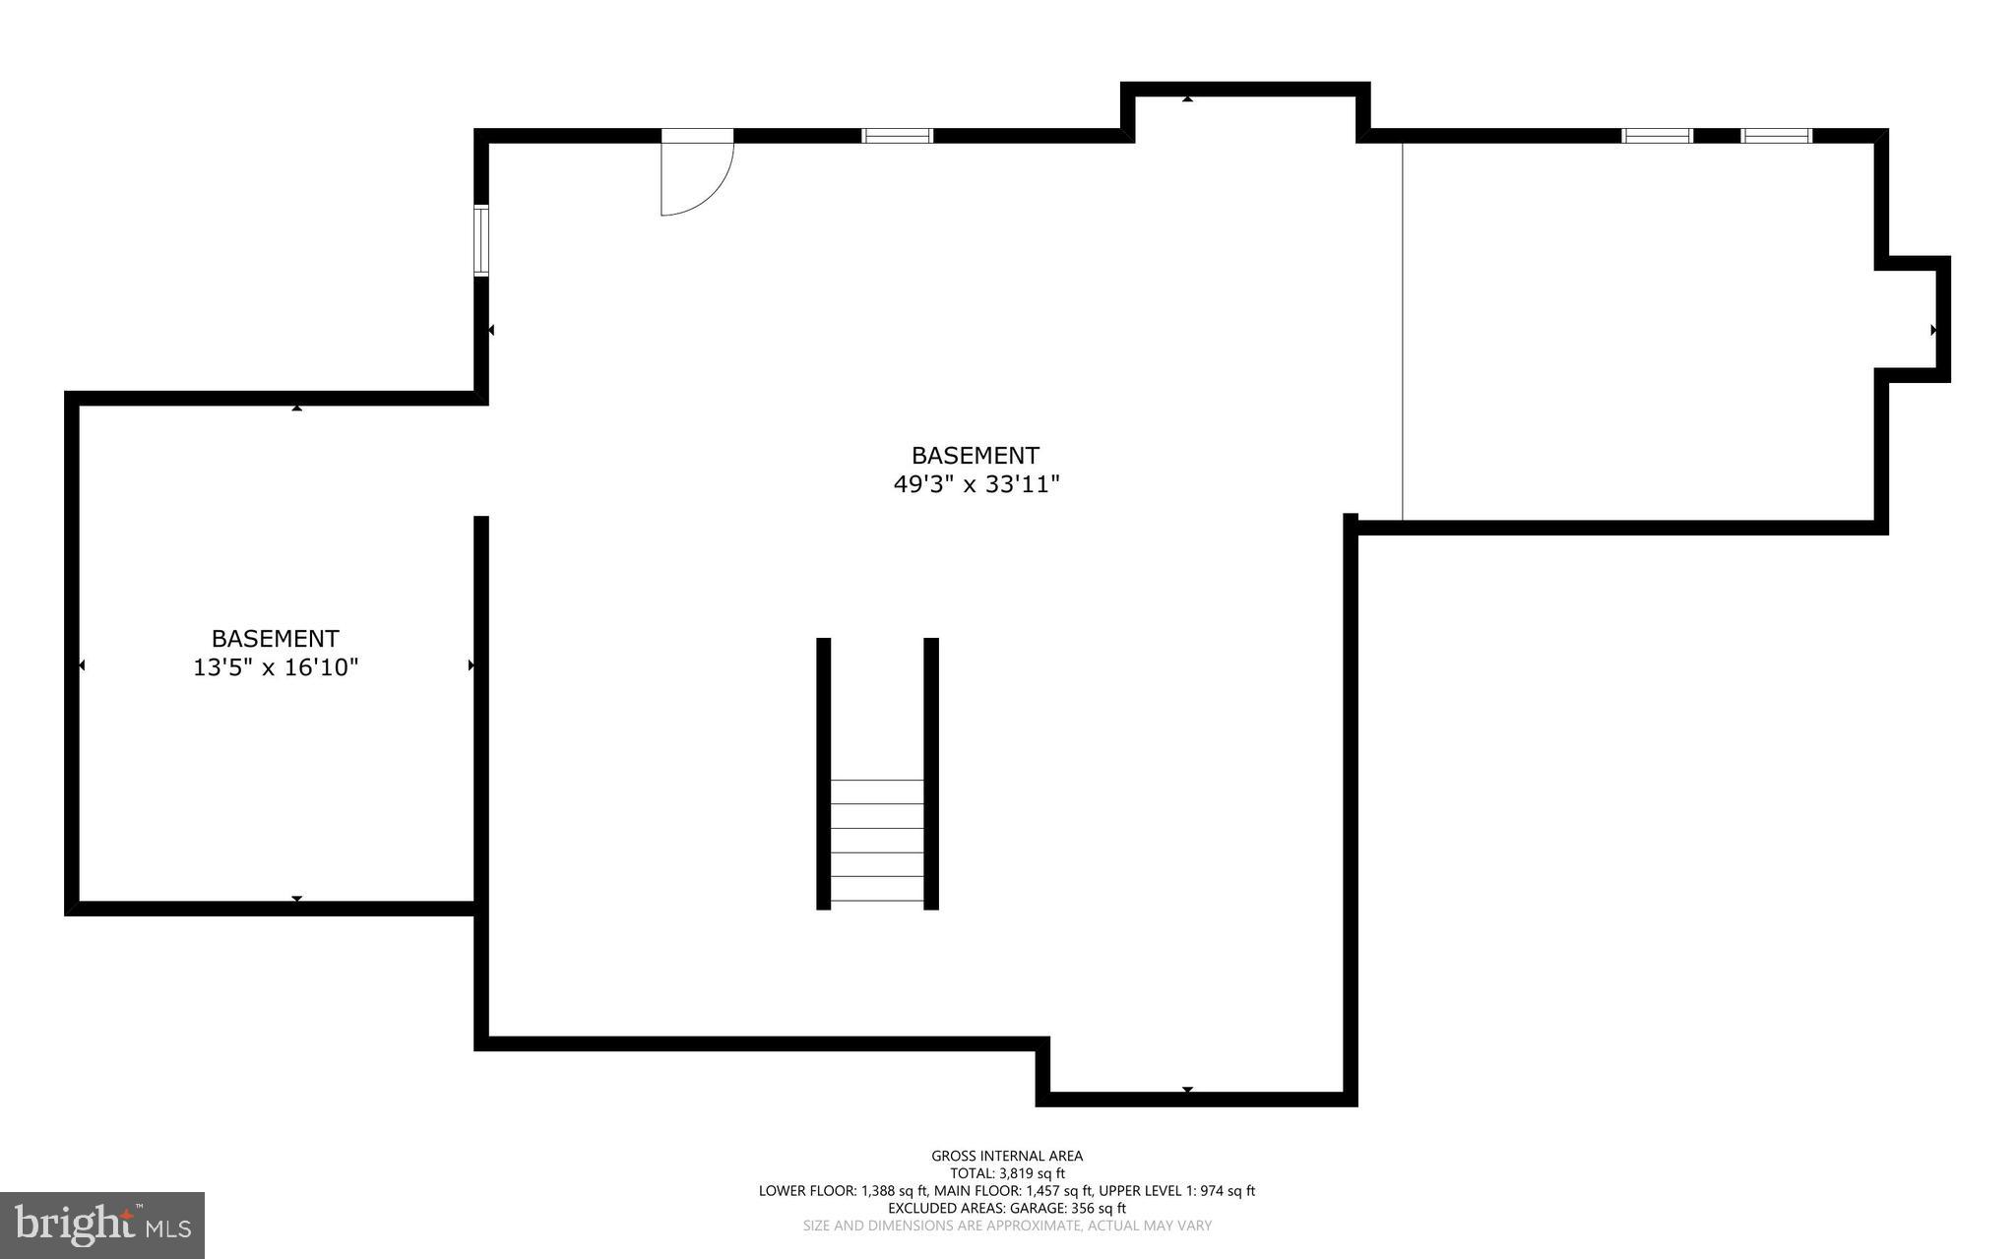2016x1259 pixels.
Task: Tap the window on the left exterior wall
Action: (480, 240)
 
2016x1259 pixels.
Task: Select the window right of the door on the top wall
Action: (897, 136)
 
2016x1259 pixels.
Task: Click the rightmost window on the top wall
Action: (1776, 136)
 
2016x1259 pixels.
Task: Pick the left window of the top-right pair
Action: (1657, 136)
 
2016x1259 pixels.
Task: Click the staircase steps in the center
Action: (877, 840)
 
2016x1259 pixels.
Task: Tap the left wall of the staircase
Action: (824, 773)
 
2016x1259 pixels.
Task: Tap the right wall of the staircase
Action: (931, 773)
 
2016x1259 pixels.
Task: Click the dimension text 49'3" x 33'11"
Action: (976, 484)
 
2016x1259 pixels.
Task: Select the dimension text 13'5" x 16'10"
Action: (276, 667)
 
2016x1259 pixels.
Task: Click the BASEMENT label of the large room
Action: (975, 456)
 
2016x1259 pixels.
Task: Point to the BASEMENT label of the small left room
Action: (276, 638)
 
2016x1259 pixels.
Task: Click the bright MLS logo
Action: (102, 1225)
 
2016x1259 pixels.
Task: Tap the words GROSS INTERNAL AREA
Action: (1007, 1156)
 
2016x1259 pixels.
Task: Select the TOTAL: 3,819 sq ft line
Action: (1007, 1173)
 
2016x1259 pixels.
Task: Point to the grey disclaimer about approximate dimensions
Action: (1007, 1226)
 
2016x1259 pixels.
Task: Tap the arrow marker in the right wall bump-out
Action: (1934, 330)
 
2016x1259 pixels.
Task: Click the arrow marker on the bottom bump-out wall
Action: (1187, 1090)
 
